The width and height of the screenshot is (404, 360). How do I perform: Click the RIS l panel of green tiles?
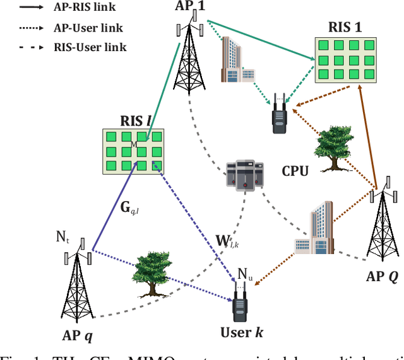pyautogui.click(x=134, y=151)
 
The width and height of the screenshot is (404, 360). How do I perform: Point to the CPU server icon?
pyautogui.click(x=244, y=174)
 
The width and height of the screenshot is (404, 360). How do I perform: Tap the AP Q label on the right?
pyautogui.click(x=383, y=276)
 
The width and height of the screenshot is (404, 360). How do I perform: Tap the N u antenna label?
pyautogui.click(x=245, y=274)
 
